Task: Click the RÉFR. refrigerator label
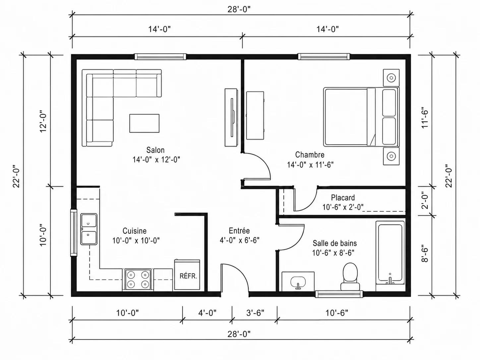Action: click(188, 276)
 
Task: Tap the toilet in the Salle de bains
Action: click(350, 277)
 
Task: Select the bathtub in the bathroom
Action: click(390, 253)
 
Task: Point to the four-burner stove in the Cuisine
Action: click(138, 280)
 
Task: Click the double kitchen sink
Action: click(89, 229)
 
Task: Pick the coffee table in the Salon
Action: click(144, 123)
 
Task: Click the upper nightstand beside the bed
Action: click(391, 78)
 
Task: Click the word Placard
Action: click(343, 198)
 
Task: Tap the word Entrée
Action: click(239, 231)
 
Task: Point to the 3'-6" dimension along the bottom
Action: click(255, 313)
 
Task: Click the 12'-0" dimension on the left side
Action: click(43, 122)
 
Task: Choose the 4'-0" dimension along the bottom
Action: click(207, 313)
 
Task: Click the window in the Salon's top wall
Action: click(160, 57)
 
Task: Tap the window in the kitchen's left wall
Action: click(74, 233)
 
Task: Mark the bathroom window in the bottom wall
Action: click(339, 294)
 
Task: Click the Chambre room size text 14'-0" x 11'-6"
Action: click(310, 165)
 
